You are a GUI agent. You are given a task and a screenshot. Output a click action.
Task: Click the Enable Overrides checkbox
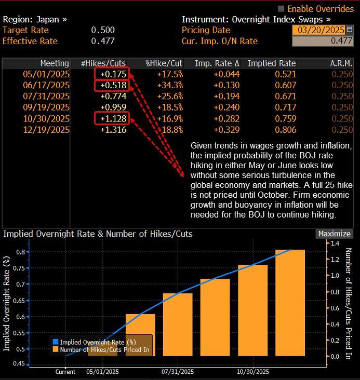282,9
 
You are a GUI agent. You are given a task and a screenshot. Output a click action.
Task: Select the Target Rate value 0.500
103,30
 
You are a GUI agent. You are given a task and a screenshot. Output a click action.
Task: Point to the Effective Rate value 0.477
103,41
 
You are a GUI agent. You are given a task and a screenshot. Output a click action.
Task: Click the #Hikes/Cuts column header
103,63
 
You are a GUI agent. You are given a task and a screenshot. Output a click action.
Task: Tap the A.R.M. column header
341,63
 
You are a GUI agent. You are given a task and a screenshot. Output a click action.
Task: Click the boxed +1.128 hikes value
112,119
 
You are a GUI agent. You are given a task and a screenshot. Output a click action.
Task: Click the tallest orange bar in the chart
290,303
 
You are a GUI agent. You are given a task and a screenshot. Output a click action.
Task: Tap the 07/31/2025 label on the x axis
178,372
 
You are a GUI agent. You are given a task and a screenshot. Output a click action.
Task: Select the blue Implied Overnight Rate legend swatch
56,342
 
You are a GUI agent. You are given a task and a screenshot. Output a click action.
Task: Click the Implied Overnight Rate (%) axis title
7,303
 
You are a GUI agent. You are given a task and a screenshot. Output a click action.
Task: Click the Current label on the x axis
66,372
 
